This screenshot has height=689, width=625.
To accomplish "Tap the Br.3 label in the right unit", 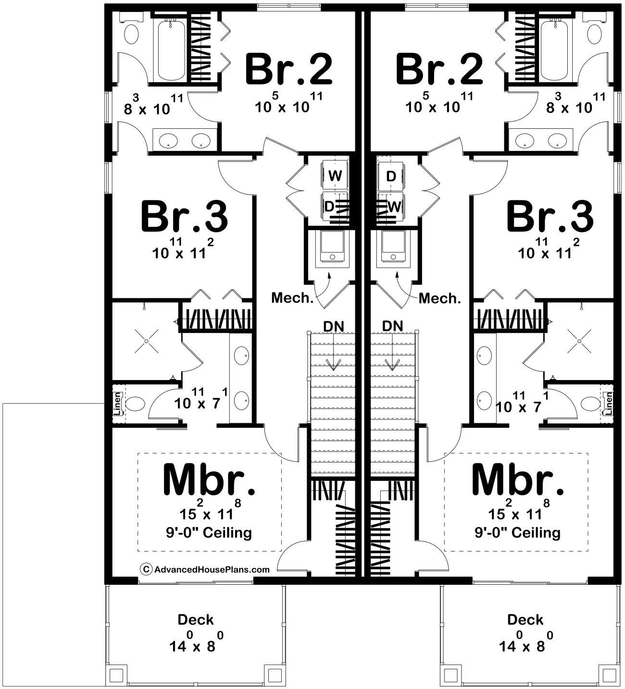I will point(550,217).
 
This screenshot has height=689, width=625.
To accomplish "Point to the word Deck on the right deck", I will point(525,620).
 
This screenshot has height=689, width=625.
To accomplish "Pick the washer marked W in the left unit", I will point(335,176).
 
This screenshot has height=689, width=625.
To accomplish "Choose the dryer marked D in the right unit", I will point(391,176).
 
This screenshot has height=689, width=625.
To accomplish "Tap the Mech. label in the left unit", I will point(292,298).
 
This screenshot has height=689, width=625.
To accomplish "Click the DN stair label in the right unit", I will point(392,326).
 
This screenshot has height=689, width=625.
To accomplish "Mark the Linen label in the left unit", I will point(117,404).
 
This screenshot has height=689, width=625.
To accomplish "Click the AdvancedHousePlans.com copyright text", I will point(212,569).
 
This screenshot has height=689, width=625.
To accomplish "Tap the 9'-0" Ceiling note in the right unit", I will point(517,532).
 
